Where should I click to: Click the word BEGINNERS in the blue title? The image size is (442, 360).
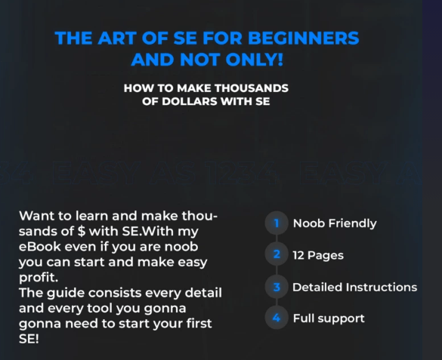click(303, 38)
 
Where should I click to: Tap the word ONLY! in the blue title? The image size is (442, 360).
click(255, 60)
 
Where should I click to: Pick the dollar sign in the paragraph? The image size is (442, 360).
click(82, 231)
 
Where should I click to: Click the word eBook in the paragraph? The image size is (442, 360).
click(40, 247)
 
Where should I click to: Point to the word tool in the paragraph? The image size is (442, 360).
click(100, 308)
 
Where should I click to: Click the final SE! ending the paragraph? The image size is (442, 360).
click(29, 339)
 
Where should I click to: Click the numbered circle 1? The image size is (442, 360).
click(277, 223)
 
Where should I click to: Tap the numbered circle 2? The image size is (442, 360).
click(277, 254)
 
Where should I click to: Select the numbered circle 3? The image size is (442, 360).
click(277, 287)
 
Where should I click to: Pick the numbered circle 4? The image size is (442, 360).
click(277, 318)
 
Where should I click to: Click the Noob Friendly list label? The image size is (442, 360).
click(335, 223)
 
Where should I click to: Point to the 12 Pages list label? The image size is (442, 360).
click(318, 256)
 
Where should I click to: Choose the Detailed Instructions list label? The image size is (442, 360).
click(354, 288)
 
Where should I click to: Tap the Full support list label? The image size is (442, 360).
click(329, 318)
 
